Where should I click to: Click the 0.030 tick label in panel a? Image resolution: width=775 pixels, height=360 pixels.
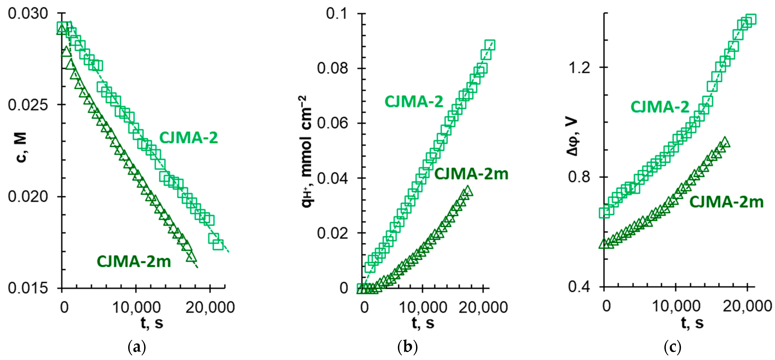(x=28, y=14)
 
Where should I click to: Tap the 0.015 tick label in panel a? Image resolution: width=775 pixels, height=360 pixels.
(x=28, y=288)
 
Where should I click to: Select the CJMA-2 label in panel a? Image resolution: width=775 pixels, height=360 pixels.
(x=188, y=138)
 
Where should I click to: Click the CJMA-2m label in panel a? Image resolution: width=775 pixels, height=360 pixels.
(x=134, y=261)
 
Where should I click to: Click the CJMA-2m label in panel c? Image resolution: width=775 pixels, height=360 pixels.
(x=726, y=202)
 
